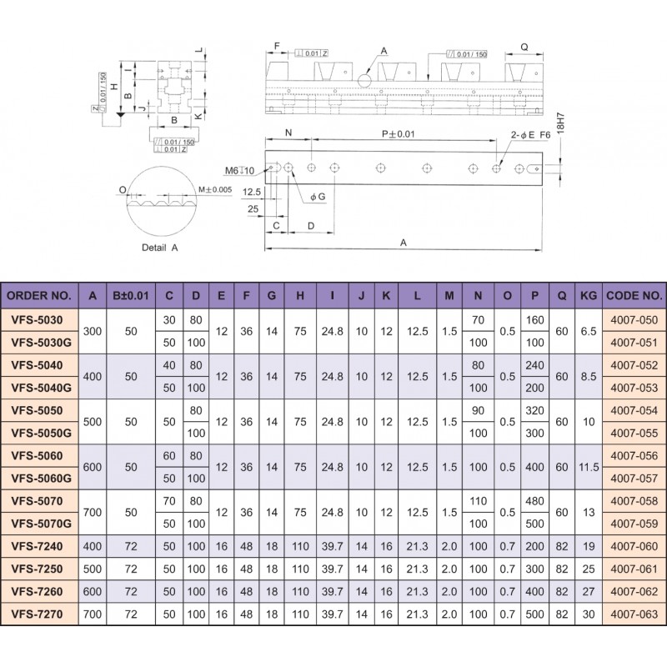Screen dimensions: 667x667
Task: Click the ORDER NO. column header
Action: click(x=39, y=296)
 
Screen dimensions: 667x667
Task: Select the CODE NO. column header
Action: click(x=634, y=296)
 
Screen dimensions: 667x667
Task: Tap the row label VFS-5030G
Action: click(x=41, y=343)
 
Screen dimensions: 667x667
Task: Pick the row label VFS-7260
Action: click(x=37, y=591)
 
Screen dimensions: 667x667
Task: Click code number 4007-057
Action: click(x=634, y=478)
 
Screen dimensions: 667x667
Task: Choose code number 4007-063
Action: click(x=634, y=614)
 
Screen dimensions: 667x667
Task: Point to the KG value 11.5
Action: click(x=589, y=467)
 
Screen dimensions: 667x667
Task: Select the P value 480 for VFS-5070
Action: click(x=534, y=501)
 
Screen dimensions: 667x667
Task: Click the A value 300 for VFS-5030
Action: click(x=93, y=331)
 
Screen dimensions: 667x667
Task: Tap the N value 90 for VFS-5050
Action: click(x=478, y=410)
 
